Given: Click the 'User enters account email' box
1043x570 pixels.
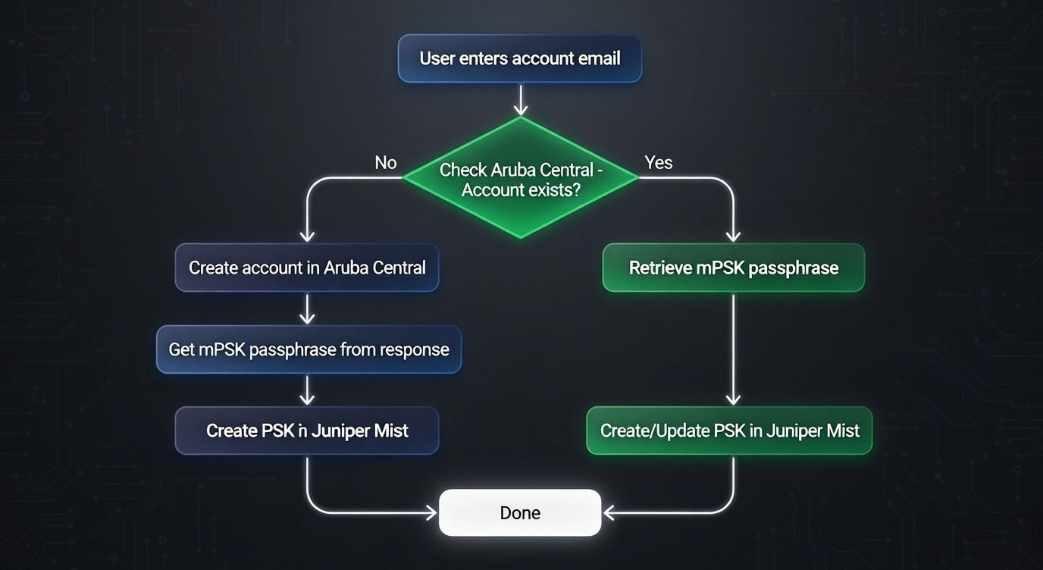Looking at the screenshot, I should click(520, 58).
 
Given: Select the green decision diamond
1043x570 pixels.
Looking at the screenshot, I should click(520, 178).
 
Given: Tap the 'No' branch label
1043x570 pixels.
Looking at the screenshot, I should click(386, 163).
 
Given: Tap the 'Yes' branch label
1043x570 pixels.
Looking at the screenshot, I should click(658, 163).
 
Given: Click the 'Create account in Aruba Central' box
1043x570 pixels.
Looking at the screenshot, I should click(307, 268).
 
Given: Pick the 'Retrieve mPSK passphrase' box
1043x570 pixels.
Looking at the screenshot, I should click(733, 268).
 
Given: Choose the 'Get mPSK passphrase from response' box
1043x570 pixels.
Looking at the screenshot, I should click(309, 349).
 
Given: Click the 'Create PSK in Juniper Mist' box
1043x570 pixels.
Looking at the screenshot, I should click(307, 431).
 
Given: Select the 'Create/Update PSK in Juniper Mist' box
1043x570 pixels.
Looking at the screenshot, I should click(729, 431).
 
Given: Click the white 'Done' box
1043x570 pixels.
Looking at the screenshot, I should click(520, 512).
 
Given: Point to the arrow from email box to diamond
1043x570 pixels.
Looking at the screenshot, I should click(520, 99).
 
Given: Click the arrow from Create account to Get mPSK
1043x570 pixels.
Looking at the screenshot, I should click(307, 308).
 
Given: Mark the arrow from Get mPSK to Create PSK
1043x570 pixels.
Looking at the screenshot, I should click(307, 390).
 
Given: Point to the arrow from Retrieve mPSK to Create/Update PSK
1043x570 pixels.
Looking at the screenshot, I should click(733, 349).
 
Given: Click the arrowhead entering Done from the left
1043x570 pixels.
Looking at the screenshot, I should click(431, 512).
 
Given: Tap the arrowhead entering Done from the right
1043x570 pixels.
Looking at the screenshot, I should click(609, 512).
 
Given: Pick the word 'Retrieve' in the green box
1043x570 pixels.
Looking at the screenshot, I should click(660, 268).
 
